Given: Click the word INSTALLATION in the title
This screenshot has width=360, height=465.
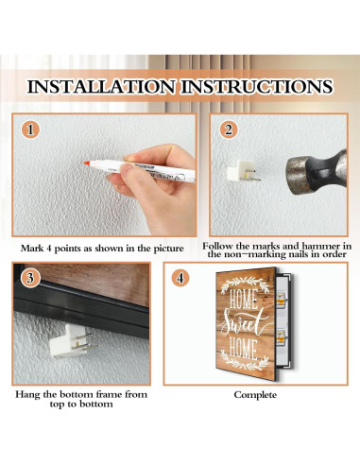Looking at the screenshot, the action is (x=101, y=86).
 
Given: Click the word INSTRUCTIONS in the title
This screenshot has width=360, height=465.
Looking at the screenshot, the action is (x=257, y=86).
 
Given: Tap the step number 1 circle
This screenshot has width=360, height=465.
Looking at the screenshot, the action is (x=30, y=129).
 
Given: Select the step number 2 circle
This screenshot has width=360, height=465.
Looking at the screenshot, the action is (x=229, y=129).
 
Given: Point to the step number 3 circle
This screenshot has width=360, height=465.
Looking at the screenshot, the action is (x=30, y=278).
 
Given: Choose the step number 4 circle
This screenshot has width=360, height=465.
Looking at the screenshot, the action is (x=180, y=278).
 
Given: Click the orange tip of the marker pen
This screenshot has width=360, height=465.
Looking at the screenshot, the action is (x=87, y=163).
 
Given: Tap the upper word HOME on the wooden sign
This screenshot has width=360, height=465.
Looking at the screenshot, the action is (x=243, y=299).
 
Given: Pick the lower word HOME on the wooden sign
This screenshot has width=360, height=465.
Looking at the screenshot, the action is (x=243, y=349).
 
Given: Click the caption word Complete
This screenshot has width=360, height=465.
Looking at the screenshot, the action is (x=255, y=395).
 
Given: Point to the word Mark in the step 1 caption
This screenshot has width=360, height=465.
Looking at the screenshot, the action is (x=32, y=249).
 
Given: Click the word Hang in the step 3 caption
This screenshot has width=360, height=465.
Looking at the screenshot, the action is (x=27, y=394).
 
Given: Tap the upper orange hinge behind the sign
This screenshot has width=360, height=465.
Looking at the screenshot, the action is (x=280, y=300).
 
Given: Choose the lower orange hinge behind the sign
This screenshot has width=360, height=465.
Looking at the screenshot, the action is (x=281, y=337).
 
